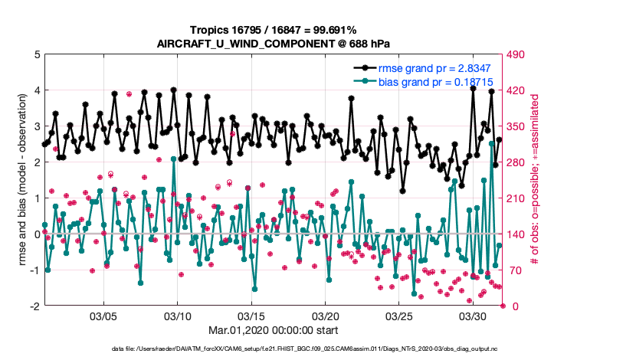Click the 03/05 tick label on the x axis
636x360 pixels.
click(103, 316)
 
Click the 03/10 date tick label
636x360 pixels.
click(178, 316)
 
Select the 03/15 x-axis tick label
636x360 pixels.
click(251, 316)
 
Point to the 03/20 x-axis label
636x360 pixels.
click(326, 316)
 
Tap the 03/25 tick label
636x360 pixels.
click(399, 316)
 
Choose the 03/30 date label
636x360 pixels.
click(474, 316)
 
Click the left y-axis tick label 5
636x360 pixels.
click(36, 54)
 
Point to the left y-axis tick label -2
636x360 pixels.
click(34, 306)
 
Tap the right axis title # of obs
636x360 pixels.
click(536, 180)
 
